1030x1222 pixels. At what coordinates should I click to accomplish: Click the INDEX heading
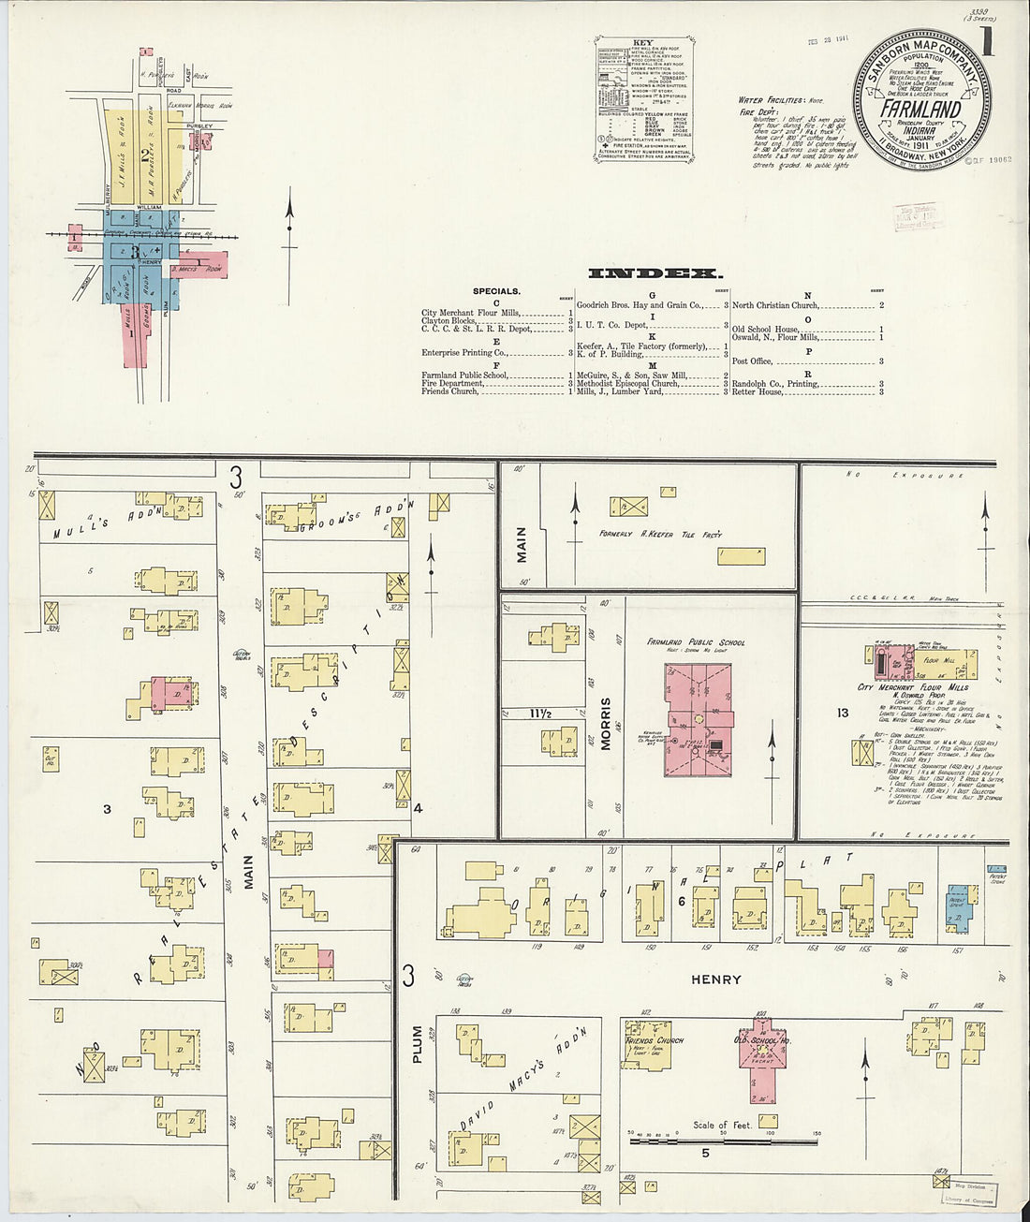coord(655,273)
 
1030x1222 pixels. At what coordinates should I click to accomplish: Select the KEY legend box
coord(644,101)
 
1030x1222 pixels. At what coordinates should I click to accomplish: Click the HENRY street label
coord(715,979)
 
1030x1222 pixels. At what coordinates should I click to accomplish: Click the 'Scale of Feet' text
coord(722,1125)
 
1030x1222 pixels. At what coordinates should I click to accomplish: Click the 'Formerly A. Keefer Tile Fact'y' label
coord(660,534)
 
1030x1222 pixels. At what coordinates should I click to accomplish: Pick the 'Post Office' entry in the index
coord(752,361)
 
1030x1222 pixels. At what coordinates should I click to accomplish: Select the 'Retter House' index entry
coord(757,391)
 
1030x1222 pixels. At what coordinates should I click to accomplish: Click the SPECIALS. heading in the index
coord(496,291)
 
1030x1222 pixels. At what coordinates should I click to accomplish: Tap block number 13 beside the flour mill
coord(842,713)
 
